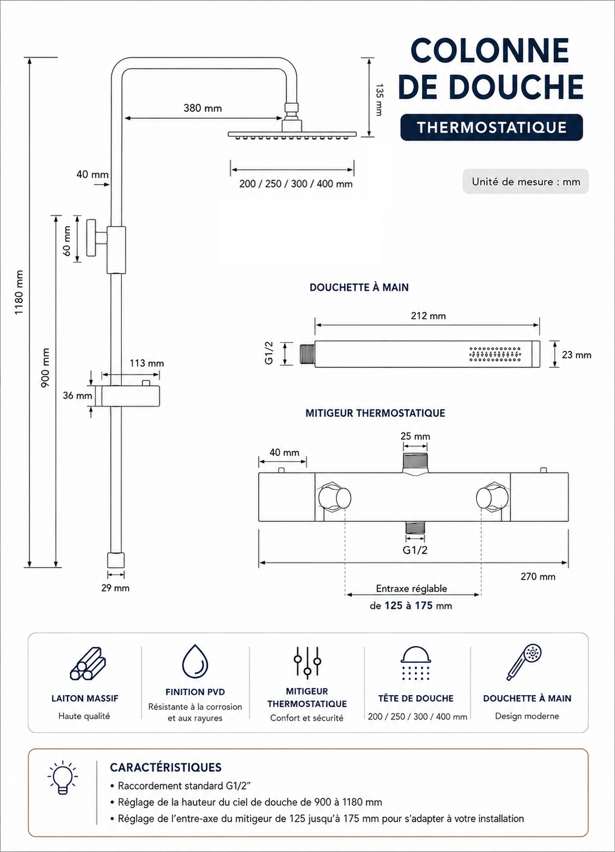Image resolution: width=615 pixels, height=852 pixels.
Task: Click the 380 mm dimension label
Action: tap(203, 108)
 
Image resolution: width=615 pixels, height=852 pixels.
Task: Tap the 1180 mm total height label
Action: tap(19, 292)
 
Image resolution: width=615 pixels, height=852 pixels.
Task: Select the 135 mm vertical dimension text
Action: tap(379, 100)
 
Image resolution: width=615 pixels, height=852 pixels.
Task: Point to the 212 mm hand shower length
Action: tap(428, 316)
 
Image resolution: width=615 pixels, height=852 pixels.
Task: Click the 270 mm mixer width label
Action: tap(538, 576)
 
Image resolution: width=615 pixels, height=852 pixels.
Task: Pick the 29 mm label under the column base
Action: tap(115, 588)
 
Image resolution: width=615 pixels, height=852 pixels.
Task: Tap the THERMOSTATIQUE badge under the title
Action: tap(491, 127)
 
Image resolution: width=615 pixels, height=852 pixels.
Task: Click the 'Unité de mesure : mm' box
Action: tap(525, 182)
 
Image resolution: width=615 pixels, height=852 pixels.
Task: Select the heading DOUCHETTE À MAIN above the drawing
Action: tap(359, 287)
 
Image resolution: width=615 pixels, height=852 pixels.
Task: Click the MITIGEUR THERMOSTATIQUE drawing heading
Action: tap(375, 413)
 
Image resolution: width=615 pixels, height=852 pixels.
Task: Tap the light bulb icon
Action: tap(62, 777)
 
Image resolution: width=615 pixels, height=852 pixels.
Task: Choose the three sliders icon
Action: tap(307, 663)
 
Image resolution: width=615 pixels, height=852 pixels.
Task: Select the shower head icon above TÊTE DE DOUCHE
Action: tap(416, 663)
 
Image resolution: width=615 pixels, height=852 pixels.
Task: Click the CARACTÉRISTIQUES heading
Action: tap(166, 767)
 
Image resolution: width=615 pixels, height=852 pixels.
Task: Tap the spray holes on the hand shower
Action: tap(495, 354)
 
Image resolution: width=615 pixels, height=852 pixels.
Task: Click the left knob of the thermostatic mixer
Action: tap(334, 497)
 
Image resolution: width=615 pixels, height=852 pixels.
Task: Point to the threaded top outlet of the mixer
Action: tap(415, 463)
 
